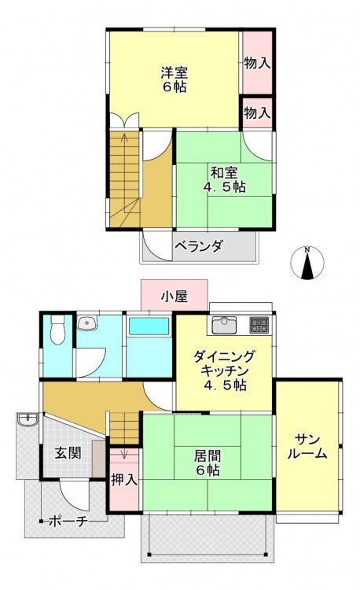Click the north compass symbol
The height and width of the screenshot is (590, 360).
point(307,263)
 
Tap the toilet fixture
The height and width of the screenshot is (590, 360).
point(57,330)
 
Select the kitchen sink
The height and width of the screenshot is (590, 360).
point(224,326)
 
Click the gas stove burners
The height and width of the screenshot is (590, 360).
point(259,326)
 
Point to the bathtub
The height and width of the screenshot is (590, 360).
point(149,326)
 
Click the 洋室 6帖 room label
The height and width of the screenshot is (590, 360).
point(174,79)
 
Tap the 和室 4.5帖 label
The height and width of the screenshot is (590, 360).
point(224,180)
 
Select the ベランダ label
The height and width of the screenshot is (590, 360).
point(199,246)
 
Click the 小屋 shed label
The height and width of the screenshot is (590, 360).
point(174,297)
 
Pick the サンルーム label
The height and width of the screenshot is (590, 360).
point(307,447)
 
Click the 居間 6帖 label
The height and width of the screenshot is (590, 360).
point(207,463)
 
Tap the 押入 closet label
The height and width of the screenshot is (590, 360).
point(124,480)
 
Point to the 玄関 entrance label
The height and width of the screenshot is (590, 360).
point(68,452)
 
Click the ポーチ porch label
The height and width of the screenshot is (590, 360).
point(68,521)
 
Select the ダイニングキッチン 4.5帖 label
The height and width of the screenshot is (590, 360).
point(224,371)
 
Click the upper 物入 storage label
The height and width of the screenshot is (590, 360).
point(257,63)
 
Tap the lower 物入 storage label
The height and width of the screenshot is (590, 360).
point(257,112)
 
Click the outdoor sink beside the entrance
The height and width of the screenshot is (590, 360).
point(28,419)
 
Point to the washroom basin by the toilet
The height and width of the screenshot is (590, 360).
point(87,323)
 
